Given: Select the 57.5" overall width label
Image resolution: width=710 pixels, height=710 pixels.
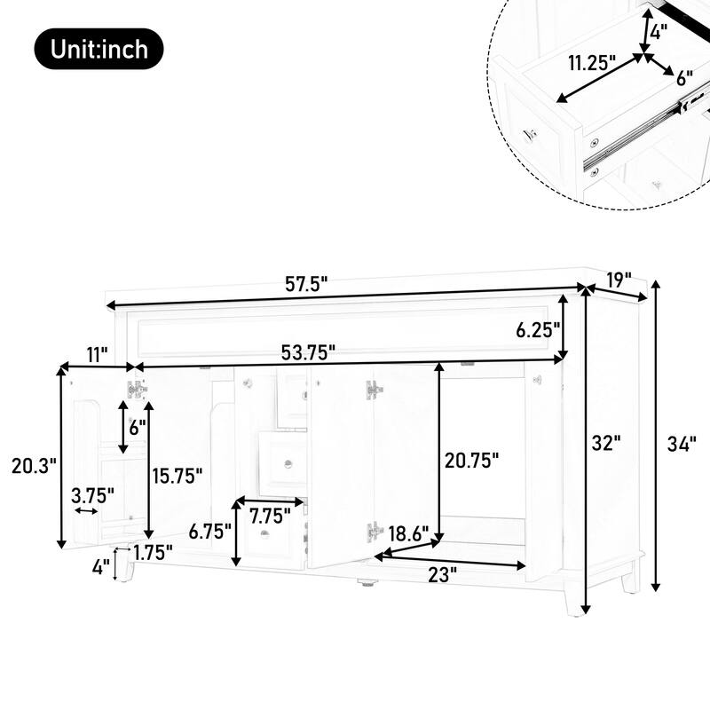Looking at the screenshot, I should tap(306, 284).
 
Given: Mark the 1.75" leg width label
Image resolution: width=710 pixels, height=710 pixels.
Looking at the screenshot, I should tap(152, 551).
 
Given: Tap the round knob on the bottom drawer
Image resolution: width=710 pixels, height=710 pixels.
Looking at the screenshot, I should tap(266, 534).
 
